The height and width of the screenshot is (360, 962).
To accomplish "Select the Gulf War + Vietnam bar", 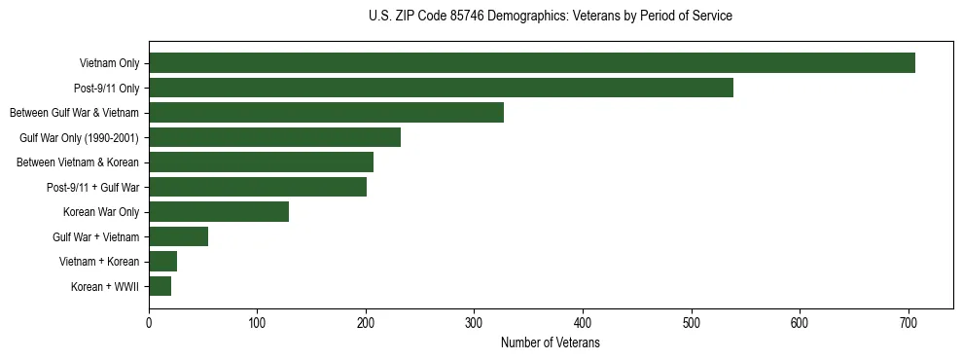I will (x=178, y=236).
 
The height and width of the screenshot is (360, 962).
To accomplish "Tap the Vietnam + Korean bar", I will (x=162, y=261).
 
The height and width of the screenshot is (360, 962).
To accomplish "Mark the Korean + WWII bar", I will (x=160, y=286).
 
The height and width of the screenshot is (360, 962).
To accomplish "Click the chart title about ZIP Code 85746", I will (x=551, y=17).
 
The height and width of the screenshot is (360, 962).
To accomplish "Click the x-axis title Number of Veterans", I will (x=551, y=343).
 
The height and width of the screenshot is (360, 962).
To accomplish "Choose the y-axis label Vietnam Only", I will (x=109, y=64).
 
